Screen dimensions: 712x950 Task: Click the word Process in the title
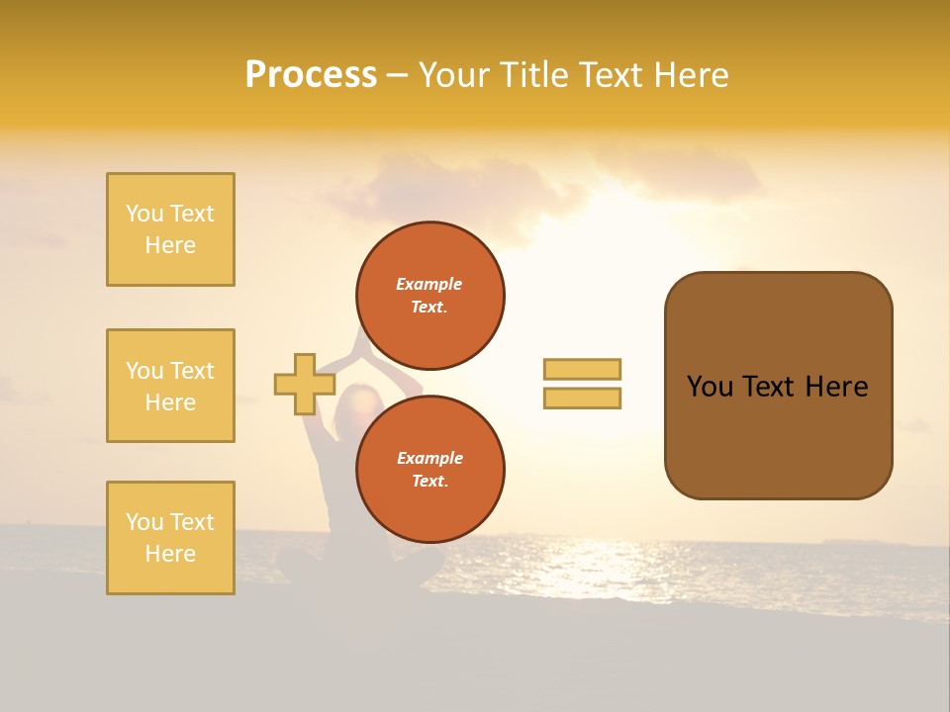point(311,75)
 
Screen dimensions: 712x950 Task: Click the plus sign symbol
point(304,384)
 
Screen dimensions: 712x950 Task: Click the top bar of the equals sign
point(582,369)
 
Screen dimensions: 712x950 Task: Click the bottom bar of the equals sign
point(582,399)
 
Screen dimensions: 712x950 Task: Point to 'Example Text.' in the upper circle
point(429,296)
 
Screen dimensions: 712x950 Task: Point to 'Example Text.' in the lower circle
point(429,470)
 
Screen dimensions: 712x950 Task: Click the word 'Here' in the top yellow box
point(170,245)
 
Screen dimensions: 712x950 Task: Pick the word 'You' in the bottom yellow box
point(144,522)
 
